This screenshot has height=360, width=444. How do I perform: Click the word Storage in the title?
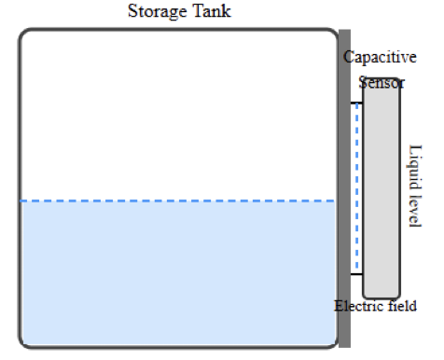coord(155,12)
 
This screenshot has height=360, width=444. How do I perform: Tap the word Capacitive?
coord(380,58)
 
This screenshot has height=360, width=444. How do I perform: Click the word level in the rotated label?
coord(416,208)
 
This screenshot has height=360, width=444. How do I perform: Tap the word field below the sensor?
coord(400,306)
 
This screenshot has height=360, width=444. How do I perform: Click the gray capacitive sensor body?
coord(382,187)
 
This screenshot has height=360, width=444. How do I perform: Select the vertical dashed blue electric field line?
coord(357,187)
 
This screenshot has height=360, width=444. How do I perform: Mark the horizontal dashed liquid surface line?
coord(177,201)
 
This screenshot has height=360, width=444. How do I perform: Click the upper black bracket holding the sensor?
coord(356,103)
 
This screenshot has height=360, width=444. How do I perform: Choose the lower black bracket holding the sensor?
coord(356,274)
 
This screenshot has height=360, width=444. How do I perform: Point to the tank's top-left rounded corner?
coord(23,35)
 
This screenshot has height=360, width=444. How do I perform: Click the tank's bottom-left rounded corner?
coord(23,342)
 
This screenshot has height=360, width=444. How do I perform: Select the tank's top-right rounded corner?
coord(333,35)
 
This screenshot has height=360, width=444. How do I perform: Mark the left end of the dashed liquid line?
coord(23,201)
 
